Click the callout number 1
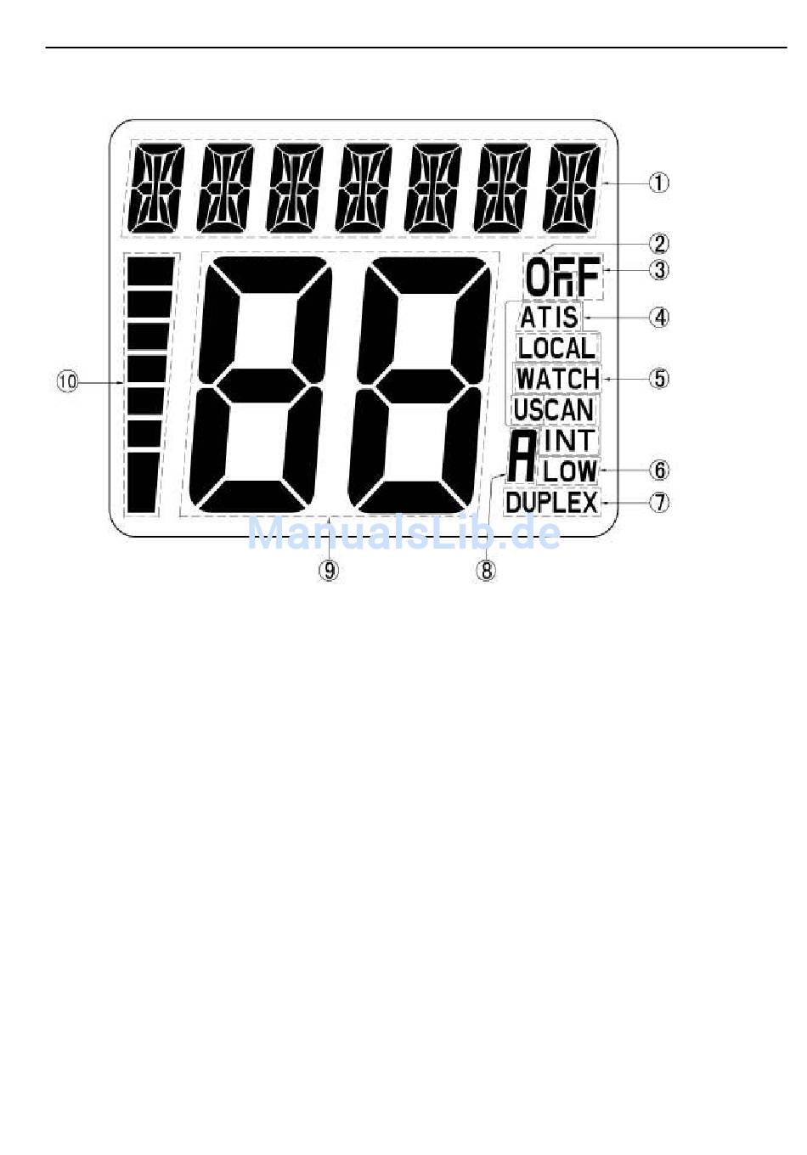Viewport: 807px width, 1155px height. [x=659, y=183]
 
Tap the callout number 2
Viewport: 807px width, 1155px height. [x=659, y=244]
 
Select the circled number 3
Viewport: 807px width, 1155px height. [x=659, y=270]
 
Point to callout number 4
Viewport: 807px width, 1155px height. [x=659, y=318]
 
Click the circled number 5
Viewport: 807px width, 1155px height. [x=659, y=378]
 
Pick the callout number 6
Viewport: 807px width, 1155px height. [x=659, y=470]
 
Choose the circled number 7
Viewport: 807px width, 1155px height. [x=659, y=502]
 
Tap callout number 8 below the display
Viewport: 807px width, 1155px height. [x=486, y=570]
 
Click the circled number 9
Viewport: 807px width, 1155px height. [x=329, y=570]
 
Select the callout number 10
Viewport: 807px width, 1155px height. [x=67, y=381]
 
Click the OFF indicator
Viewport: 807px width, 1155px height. [x=562, y=278]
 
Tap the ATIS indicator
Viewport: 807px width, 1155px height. [x=549, y=317]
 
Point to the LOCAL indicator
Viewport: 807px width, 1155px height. [x=556, y=347]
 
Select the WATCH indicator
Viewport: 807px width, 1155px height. [x=557, y=378]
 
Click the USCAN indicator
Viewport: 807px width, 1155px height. [x=553, y=409]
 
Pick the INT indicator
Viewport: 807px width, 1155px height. [x=570, y=440]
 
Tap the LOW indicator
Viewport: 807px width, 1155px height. [x=570, y=470]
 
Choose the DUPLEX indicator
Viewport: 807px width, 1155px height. [x=551, y=502]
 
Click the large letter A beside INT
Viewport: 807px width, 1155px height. [x=523, y=456]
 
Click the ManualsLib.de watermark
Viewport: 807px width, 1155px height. [x=403, y=533]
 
